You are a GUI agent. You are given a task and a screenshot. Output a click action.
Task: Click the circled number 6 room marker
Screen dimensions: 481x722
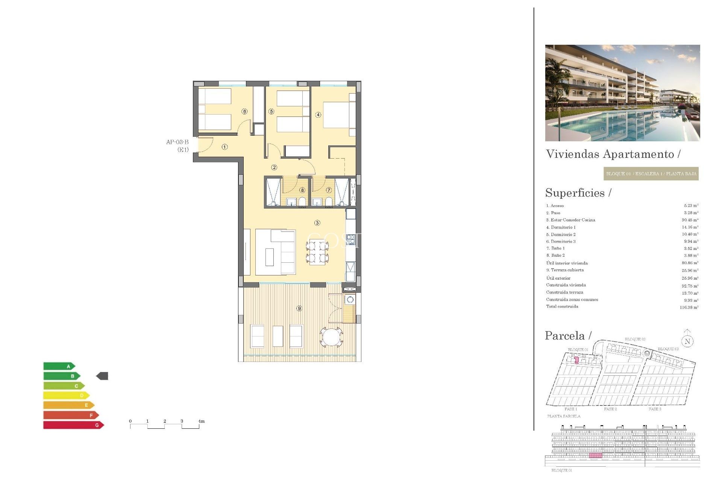(x=245, y=111)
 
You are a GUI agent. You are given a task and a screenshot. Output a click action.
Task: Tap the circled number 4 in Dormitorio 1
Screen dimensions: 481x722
(x=318, y=115)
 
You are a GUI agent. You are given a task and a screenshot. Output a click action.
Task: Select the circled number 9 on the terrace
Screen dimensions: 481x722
(x=299, y=308)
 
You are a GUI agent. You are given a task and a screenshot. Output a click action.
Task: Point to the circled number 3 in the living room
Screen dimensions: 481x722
(x=317, y=223)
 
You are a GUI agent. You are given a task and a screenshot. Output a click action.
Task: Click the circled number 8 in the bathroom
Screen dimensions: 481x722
(x=302, y=190)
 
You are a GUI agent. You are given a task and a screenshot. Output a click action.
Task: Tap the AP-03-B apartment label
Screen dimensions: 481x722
(x=177, y=142)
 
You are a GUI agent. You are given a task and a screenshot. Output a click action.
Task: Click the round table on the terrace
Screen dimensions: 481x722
(x=331, y=337)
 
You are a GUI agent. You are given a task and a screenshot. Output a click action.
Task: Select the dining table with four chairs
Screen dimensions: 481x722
(x=317, y=252)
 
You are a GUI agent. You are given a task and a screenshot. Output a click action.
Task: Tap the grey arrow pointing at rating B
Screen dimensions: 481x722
(x=102, y=376)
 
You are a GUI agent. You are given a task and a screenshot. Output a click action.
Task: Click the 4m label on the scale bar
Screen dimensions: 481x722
(x=202, y=421)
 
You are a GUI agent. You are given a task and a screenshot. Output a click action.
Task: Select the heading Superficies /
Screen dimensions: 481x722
(x=578, y=193)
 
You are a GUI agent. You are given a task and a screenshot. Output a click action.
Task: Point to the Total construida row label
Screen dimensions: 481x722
(x=562, y=307)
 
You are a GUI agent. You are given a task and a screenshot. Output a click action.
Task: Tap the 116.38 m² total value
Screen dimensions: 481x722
(x=689, y=307)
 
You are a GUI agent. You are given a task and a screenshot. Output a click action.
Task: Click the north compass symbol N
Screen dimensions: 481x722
(x=687, y=341)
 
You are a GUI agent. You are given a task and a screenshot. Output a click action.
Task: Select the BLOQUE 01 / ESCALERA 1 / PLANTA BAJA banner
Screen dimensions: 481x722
(x=651, y=174)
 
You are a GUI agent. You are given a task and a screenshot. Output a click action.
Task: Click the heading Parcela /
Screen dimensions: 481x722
(x=568, y=336)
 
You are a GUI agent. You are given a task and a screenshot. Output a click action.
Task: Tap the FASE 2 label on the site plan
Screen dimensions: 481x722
(x=610, y=409)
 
